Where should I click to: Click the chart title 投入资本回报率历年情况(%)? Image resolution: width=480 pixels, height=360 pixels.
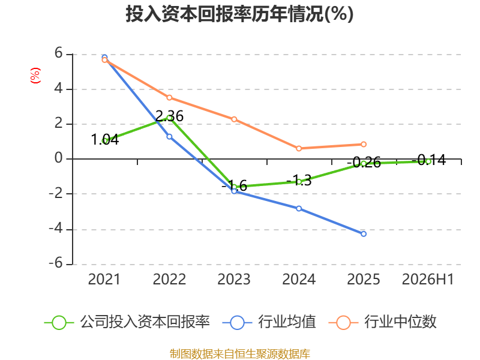(x=239, y=14)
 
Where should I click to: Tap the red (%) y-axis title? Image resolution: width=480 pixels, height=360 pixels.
(x=35, y=76)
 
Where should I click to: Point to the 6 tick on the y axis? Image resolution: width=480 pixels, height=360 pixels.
(x=58, y=53)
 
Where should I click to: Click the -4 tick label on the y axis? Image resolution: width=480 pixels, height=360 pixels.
(x=56, y=229)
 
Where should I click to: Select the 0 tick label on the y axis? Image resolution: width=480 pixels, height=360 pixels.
(x=58, y=158)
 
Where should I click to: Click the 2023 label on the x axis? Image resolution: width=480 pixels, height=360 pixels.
(x=234, y=279)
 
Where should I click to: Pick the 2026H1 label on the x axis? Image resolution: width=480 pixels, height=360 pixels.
(x=428, y=279)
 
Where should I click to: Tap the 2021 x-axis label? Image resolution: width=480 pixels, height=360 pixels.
(x=104, y=279)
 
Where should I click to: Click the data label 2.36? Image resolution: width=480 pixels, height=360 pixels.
(x=169, y=116)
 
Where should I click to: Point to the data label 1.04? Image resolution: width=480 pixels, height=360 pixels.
(x=105, y=140)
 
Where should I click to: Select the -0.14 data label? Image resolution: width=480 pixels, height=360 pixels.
(x=428, y=160)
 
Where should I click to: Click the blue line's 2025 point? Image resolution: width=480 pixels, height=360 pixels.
(x=364, y=234)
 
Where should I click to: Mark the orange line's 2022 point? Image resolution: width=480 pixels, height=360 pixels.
(x=169, y=98)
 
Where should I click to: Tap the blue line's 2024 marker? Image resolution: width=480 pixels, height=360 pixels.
(x=299, y=208)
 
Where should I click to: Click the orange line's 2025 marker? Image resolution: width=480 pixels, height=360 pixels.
(x=364, y=144)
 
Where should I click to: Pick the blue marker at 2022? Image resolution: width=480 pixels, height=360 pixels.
(x=169, y=137)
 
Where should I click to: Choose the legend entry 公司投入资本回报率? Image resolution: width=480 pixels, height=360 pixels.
(x=127, y=322)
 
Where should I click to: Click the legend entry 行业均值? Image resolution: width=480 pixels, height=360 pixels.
(x=269, y=322)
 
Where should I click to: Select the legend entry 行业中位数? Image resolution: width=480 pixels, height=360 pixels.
(x=383, y=322)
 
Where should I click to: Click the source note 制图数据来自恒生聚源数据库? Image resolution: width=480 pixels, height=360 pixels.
(x=240, y=353)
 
